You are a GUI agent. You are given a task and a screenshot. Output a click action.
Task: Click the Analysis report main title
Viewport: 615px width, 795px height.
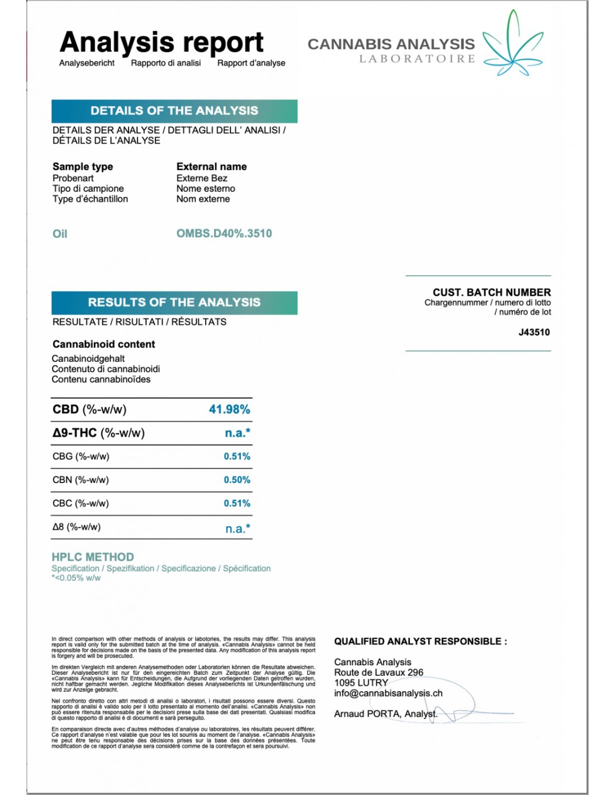(x=161, y=42)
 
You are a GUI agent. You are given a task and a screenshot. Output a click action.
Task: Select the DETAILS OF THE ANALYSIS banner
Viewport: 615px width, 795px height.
(x=174, y=111)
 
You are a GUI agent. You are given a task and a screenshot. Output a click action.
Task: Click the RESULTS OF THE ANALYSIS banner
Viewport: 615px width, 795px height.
(x=174, y=302)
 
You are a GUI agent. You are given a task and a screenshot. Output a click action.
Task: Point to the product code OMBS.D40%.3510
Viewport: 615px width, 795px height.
(x=224, y=234)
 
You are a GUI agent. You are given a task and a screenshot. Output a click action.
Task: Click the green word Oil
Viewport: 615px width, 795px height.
(x=60, y=234)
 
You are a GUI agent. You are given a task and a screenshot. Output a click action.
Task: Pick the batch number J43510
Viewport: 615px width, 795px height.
(x=534, y=332)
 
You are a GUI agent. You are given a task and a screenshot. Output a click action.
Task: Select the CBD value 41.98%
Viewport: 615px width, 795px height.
(x=229, y=409)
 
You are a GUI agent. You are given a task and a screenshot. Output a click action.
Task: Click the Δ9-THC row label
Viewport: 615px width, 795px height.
(x=98, y=433)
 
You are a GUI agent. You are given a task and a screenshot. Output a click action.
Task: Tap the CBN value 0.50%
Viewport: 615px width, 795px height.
(x=237, y=480)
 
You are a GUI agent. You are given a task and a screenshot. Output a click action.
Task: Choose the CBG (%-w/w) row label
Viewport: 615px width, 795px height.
(x=81, y=456)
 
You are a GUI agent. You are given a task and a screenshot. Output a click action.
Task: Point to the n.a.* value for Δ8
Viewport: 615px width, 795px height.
(x=238, y=528)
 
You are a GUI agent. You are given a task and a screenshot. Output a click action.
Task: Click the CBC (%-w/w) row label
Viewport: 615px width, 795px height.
(x=81, y=503)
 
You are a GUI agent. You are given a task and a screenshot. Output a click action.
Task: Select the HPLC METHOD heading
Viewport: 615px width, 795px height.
(x=93, y=557)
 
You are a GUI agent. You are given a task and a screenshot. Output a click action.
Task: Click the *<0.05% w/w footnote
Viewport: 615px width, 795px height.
(x=76, y=578)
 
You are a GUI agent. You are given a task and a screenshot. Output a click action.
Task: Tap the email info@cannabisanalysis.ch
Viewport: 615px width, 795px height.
(x=388, y=693)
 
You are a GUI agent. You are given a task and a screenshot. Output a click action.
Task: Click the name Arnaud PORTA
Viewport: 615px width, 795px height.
(x=367, y=714)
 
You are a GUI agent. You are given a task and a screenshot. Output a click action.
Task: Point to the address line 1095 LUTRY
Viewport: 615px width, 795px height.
(x=361, y=683)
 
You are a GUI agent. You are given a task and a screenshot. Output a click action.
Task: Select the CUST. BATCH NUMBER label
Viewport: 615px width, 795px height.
(x=491, y=292)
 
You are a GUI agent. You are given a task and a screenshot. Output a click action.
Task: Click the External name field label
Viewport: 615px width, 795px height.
(x=211, y=167)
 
